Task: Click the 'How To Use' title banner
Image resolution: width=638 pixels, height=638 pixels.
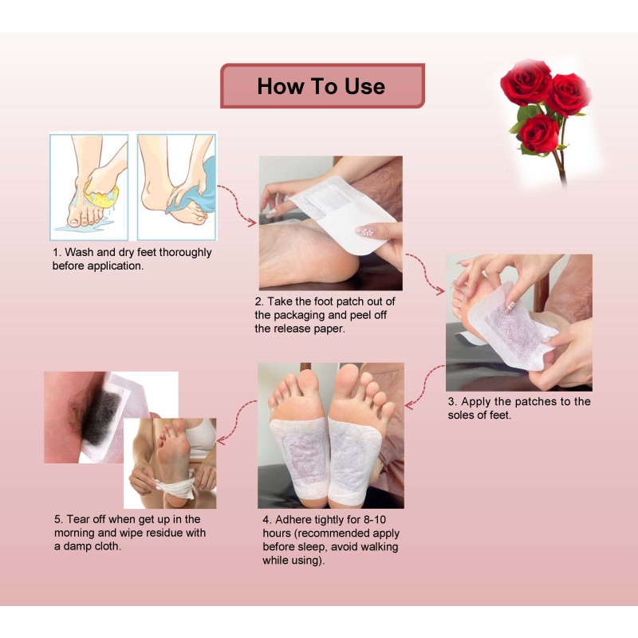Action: [321, 86]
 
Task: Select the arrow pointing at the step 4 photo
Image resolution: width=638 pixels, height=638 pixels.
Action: [423, 387]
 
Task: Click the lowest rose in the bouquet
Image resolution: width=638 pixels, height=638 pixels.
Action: [539, 132]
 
